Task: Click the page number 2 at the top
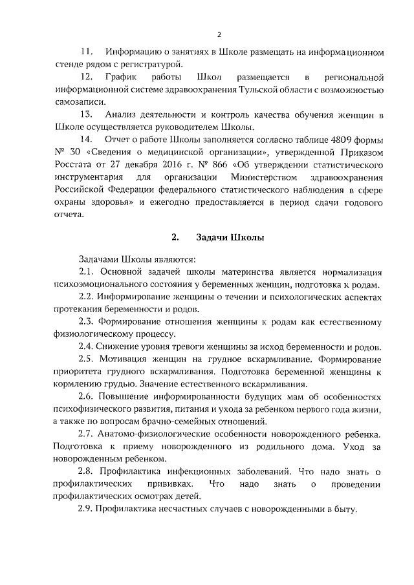219,35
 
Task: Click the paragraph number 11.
85,51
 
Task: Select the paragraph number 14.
85,140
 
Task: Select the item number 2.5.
87,359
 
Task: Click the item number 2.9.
87,509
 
